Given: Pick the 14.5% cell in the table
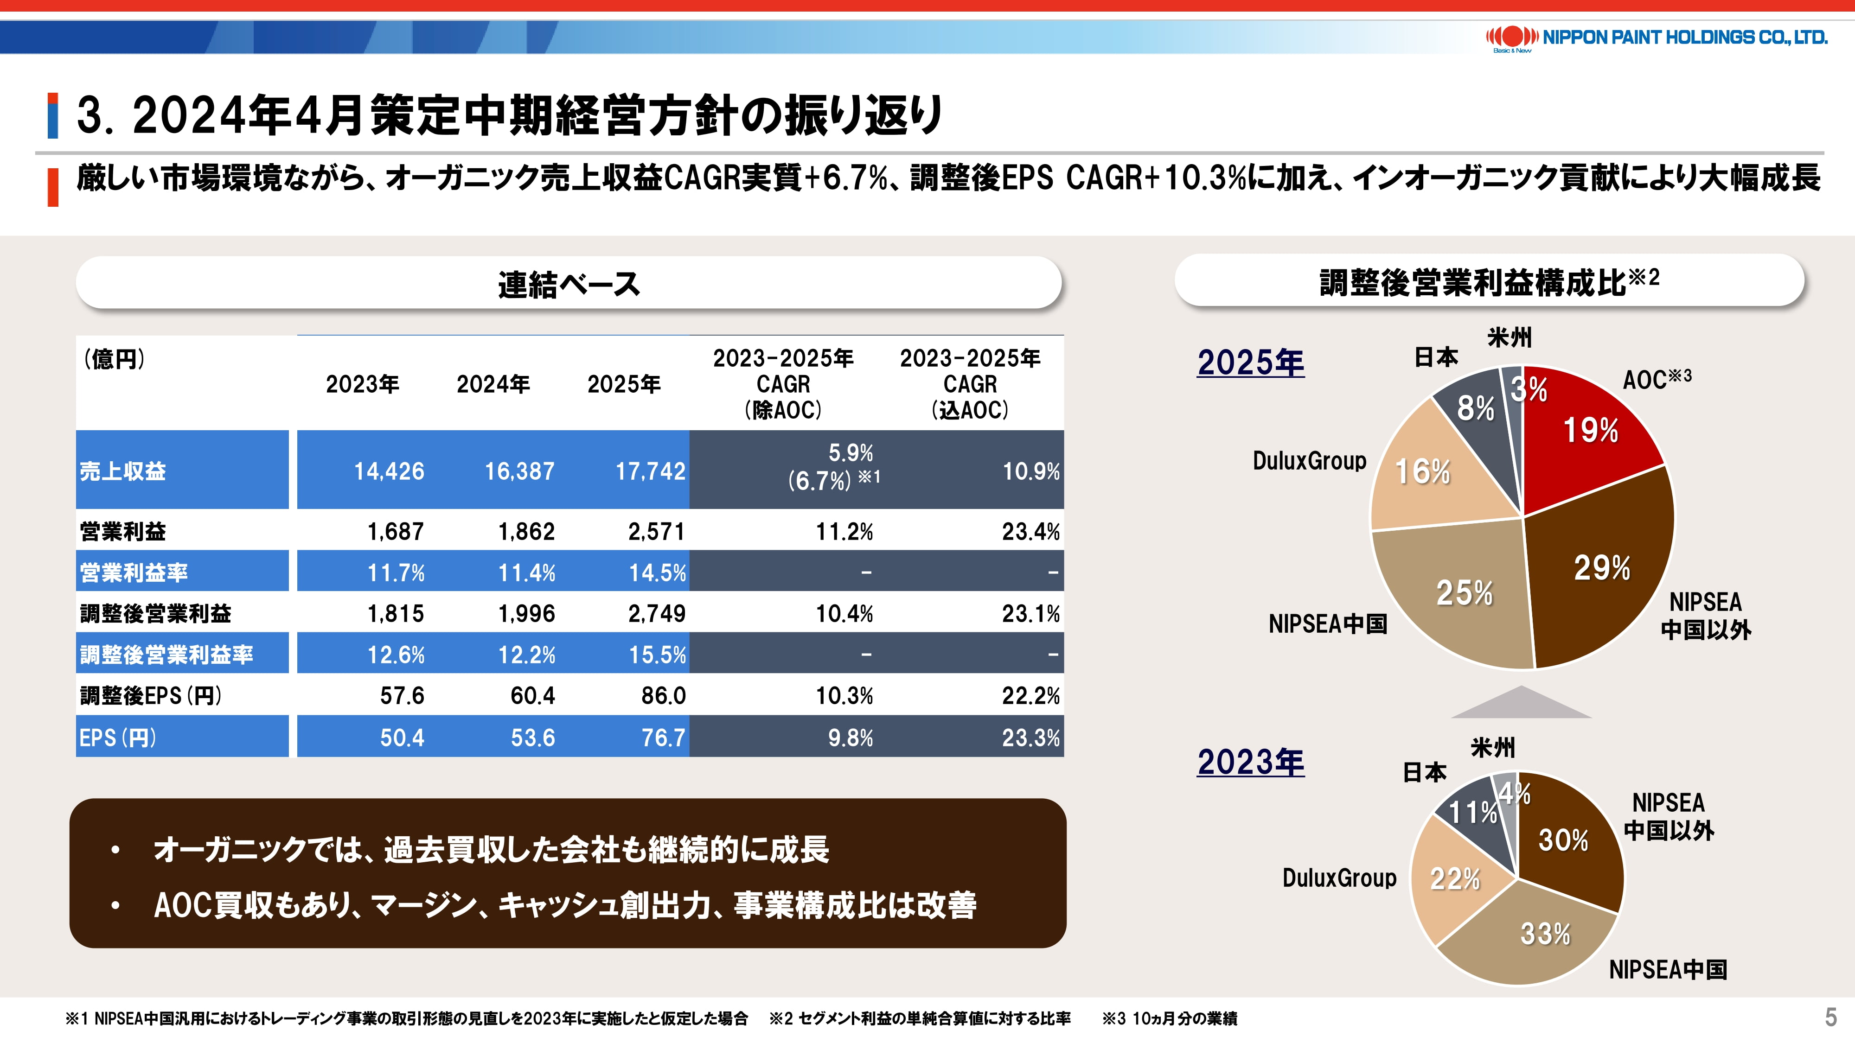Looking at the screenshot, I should tap(657, 573).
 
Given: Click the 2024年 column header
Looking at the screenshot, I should tap(493, 384).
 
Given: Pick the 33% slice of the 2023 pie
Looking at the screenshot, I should tap(1545, 935).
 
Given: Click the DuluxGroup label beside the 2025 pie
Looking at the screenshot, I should tap(1309, 461).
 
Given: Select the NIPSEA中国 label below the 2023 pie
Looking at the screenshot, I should tap(1668, 970).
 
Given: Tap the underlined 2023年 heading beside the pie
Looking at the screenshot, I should tap(1250, 762).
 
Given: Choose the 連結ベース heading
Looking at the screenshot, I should tap(569, 284).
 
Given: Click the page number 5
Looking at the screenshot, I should tap(1830, 1017).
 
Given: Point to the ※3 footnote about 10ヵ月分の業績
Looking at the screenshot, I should tap(1170, 1018).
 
